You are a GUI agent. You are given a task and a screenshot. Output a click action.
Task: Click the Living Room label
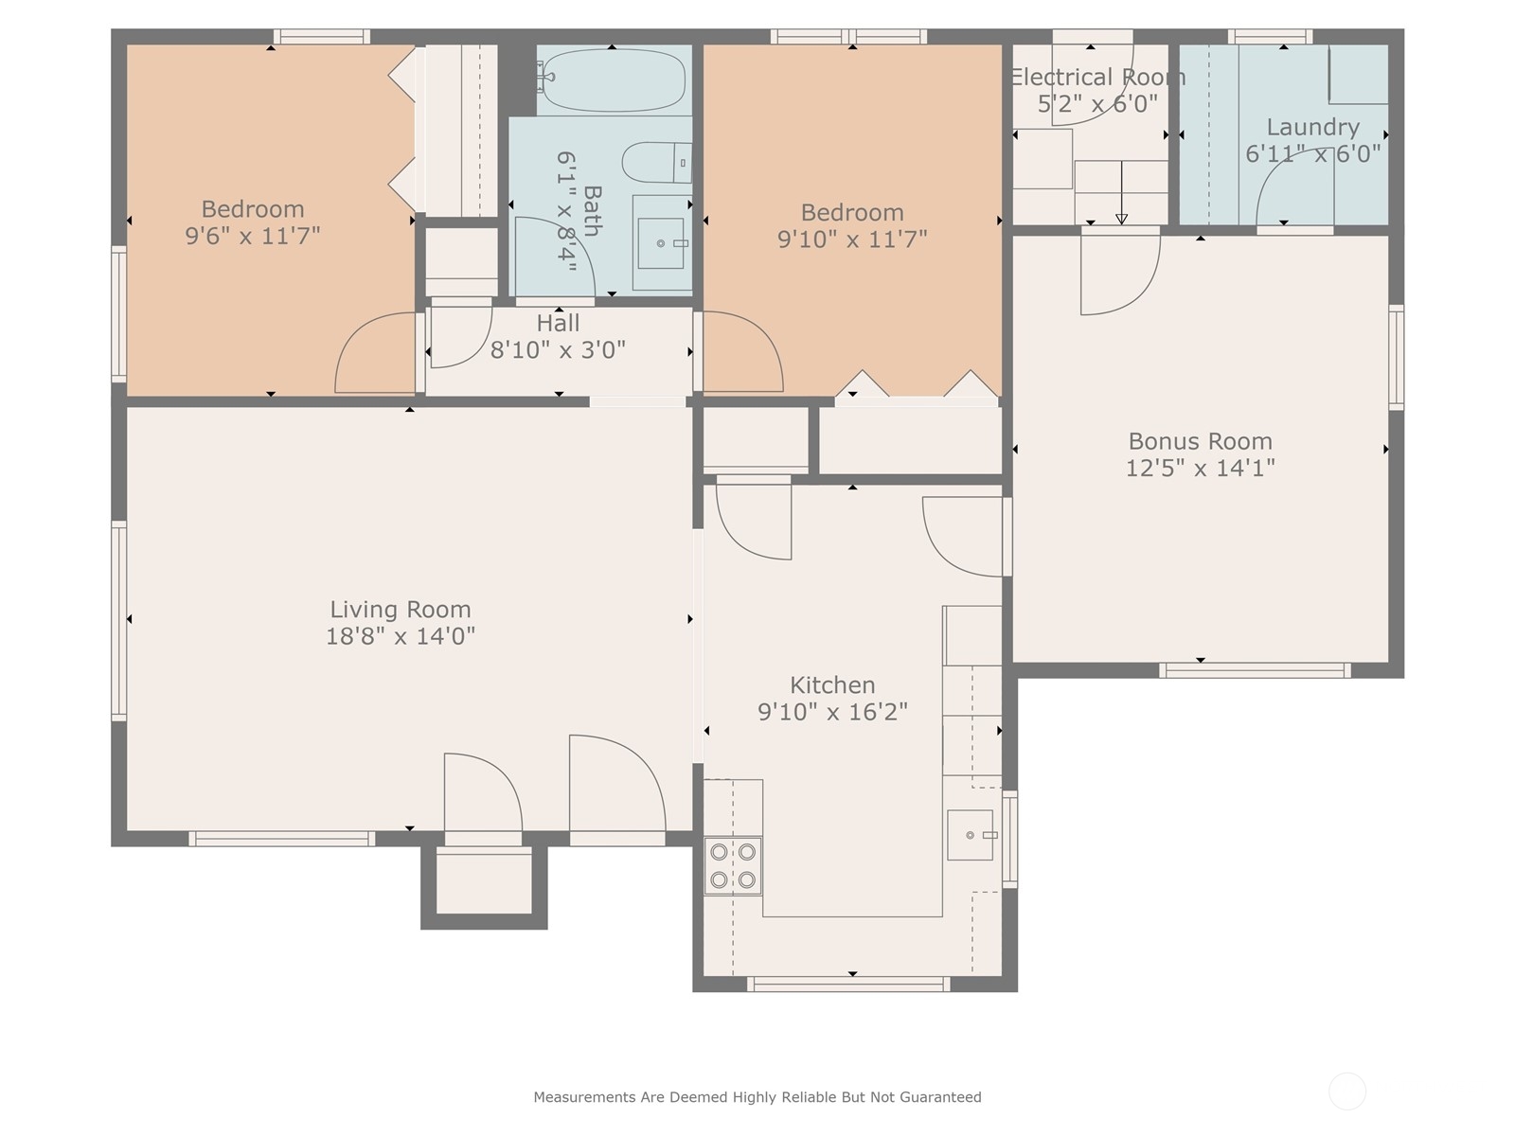click(x=401, y=609)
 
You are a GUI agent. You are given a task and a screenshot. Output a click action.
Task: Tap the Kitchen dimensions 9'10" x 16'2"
click(x=832, y=711)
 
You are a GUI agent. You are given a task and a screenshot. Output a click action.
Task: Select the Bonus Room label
click(x=1201, y=441)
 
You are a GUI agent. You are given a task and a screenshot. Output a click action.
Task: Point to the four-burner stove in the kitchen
click(x=733, y=865)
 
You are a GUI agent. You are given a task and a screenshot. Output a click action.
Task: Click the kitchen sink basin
click(x=970, y=835)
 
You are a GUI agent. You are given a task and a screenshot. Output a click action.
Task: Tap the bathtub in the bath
click(x=613, y=80)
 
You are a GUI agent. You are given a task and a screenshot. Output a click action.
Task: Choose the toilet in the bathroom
click(x=657, y=163)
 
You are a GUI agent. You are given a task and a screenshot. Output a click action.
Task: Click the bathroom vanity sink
click(x=661, y=242)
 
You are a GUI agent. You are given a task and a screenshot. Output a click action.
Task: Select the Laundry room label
click(x=1312, y=127)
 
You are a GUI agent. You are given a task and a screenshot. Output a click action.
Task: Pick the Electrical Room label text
click(x=1098, y=77)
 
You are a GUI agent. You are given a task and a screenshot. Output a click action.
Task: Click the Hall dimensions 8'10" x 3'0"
click(x=558, y=349)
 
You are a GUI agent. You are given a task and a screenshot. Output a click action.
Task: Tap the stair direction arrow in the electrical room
click(x=1122, y=192)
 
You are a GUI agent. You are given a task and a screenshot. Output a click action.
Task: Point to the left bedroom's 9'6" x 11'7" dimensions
click(x=253, y=236)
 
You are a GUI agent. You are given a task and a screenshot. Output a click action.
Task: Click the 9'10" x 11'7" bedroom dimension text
click(x=852, y=239)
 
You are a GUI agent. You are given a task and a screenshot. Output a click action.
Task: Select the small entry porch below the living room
click(x=484, y=885)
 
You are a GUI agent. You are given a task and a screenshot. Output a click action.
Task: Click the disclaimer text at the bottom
click(x=757, y=1096)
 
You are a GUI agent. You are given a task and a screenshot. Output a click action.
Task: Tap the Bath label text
click(x=592, y=211)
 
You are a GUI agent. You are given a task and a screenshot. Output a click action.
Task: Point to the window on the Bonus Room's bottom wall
click(x=1254, y=669)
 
